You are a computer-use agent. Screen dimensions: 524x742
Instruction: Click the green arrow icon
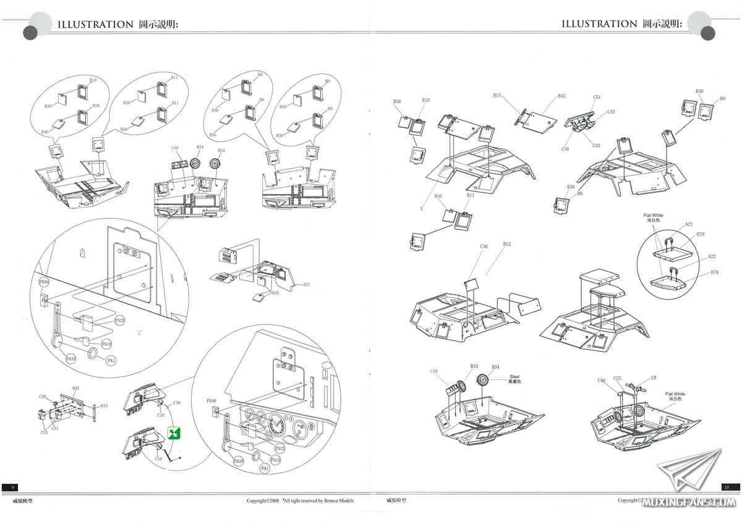pyautogui.click(x=174, y=434)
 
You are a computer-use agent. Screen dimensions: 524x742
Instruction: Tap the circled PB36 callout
pyautogui.click(x=44, y=282)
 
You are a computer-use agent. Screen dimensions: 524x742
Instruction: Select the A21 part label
pyautogui.click(x=305, y=285)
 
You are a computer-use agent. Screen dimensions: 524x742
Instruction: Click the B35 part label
pyautogui.click(x=275, y=293)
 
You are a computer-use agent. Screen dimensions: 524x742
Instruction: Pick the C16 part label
pyautogui.click(x=177, y=402)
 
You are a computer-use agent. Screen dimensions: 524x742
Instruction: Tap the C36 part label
pyautogui.click(x=484, y=247)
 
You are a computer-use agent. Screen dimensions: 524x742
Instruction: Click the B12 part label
pyautogui.click(x=506, y=244)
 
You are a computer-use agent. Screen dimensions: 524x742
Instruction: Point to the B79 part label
pyautogui.click(x=700, y=235)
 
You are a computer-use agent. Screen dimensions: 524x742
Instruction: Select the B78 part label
pyautogui.click(x=715, y=273)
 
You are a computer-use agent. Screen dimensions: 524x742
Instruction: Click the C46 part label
pyautogui.click(x=602, y=381)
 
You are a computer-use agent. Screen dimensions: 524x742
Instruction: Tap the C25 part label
pyautogui.click(x=617, y=378)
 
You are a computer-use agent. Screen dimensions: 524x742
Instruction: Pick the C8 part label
pyautogui.click(x=654, y=378)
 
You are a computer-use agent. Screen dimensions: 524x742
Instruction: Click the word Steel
pyautogui.click(x=514, y=376)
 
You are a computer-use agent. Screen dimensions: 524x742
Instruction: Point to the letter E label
pyautogui.click(x=422, y=208)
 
